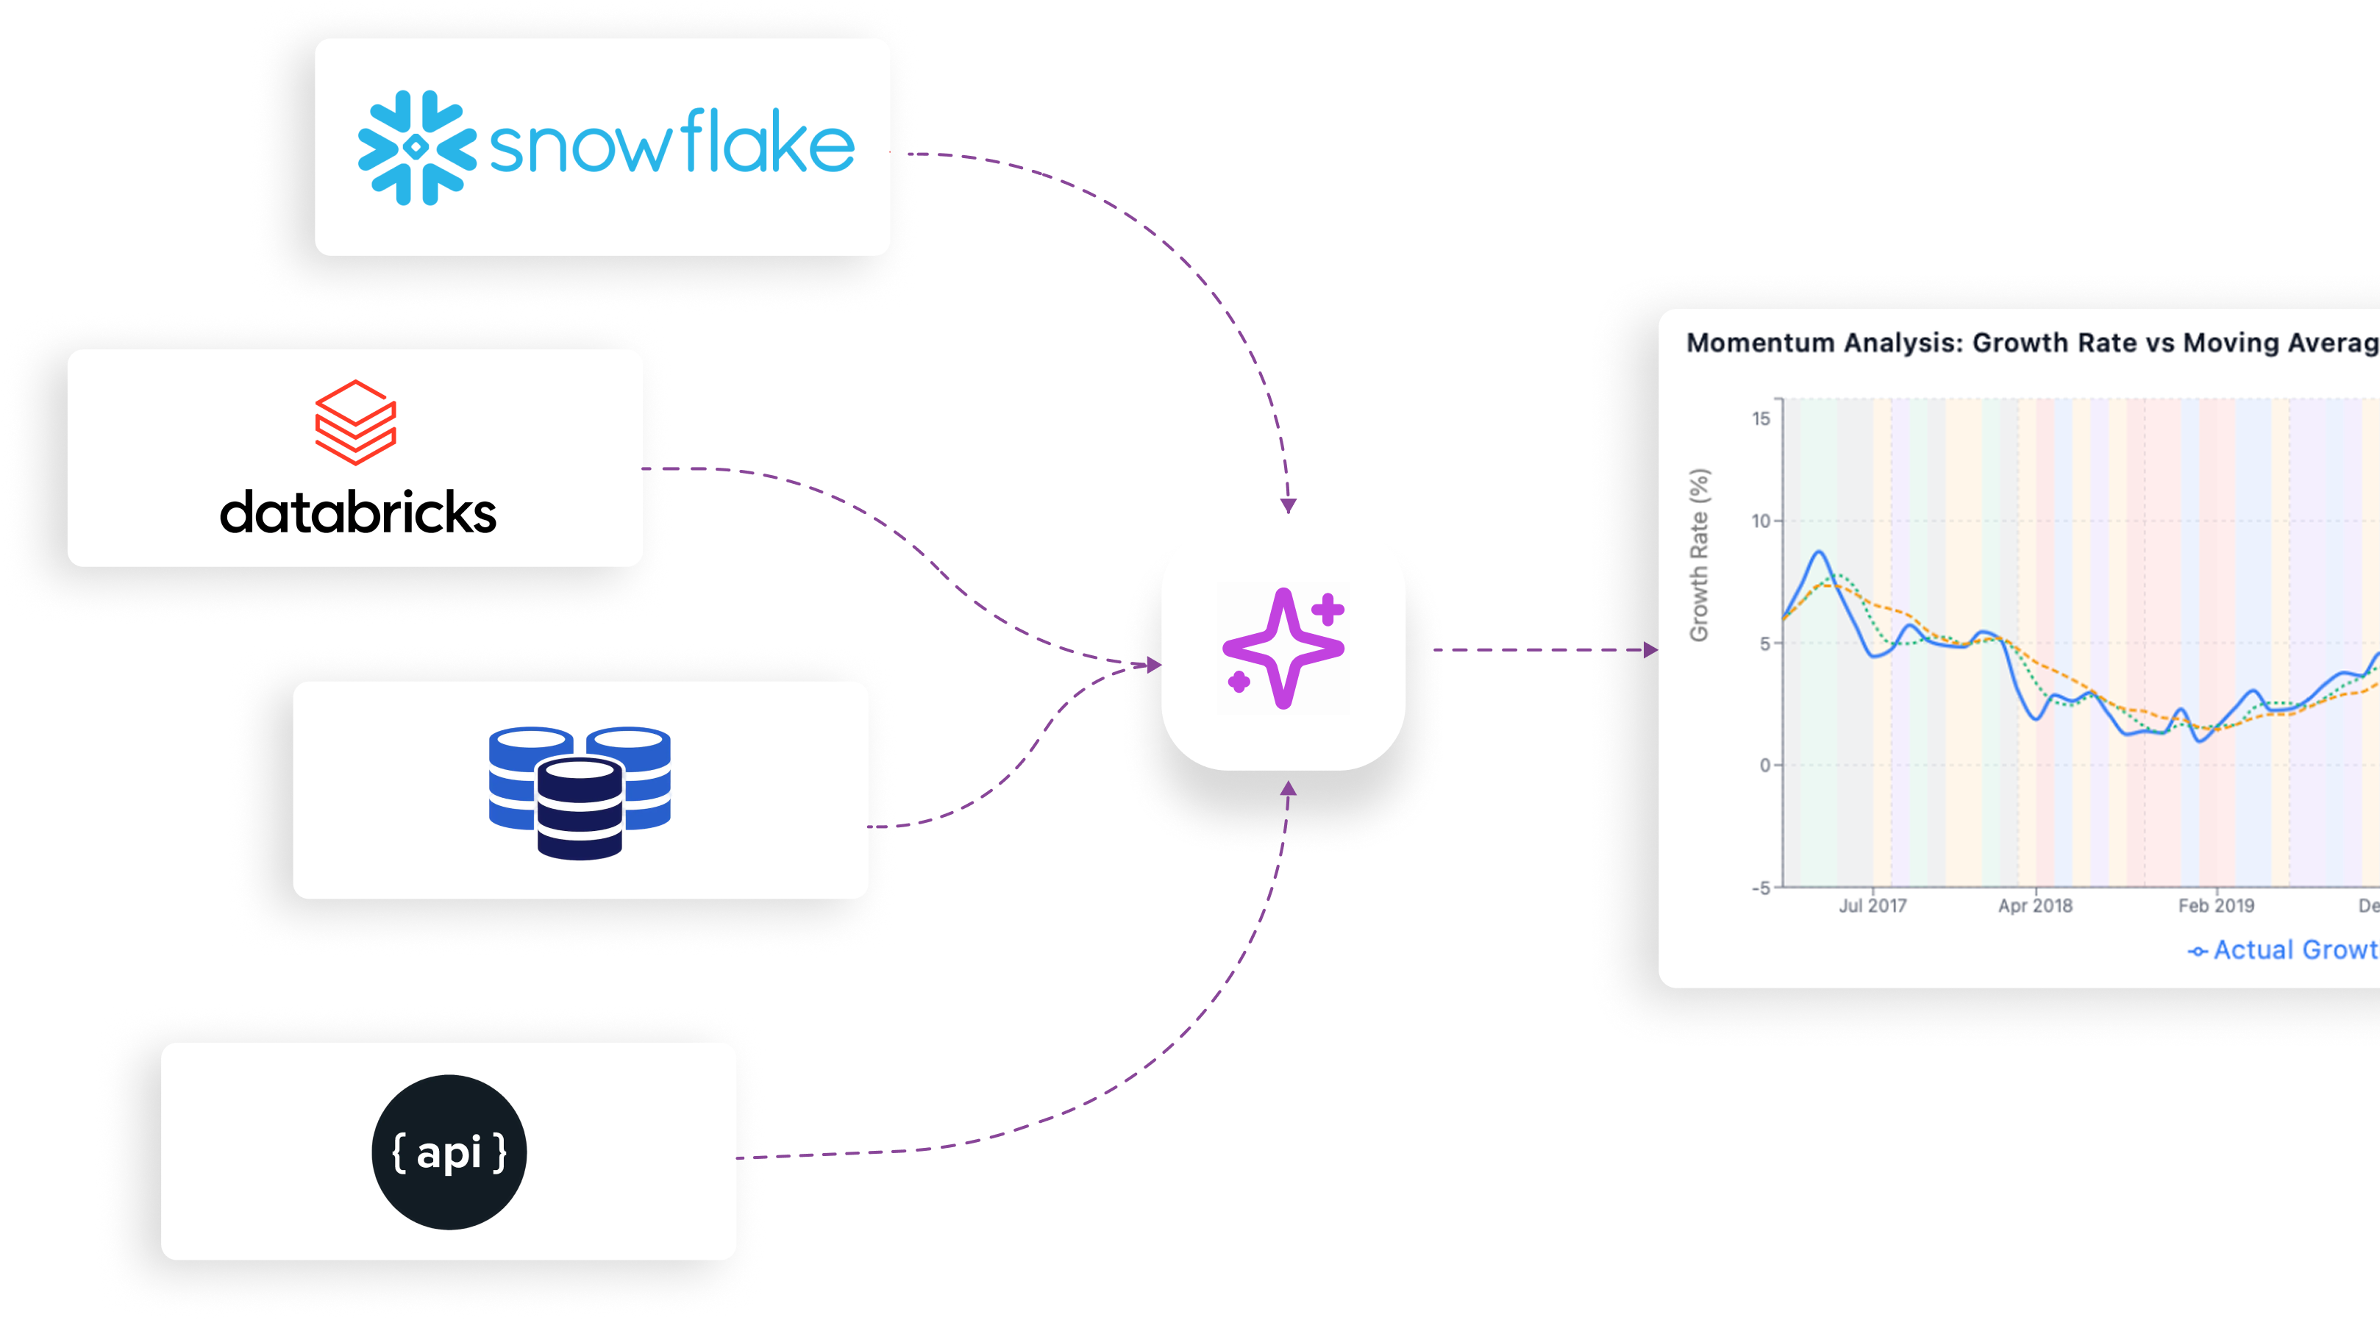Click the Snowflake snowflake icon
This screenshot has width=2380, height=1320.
pyautogui.click(x=417, y=148)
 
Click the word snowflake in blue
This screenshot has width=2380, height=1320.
pyautogui.click(x=671, y=143)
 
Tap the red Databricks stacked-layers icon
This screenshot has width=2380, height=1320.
pyautogui.click(x=356, y=422)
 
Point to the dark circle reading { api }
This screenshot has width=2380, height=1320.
pyautogui.click(x=449, y=1152)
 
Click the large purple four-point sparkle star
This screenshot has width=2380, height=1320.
pyautogui.click(x=1283, y=648)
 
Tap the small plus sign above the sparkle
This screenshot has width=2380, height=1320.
pyautogui.click(x=1328, y=610)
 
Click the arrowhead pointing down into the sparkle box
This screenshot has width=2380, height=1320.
pyautogui.click(x=1288, y=505)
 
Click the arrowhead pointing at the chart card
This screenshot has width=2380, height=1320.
pyautogui.click(x=1650, y=650)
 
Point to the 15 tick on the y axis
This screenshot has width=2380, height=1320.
pyautogui.click(x=1761, y=418)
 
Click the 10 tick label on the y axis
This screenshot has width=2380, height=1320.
pyautogui.click(x=1761, y=521)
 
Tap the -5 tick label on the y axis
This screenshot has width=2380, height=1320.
pyautogui.click(x=1761, y=888)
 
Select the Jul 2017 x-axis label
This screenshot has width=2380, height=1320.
pyautogui.click(x=1872, y=906)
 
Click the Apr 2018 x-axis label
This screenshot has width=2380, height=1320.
pyautogui.click(x=2034, y=906)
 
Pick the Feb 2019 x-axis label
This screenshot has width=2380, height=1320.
pyautogui.click(x=2215, y=906)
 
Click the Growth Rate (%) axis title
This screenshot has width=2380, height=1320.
pyautogui.click(x=1699, y=555)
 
